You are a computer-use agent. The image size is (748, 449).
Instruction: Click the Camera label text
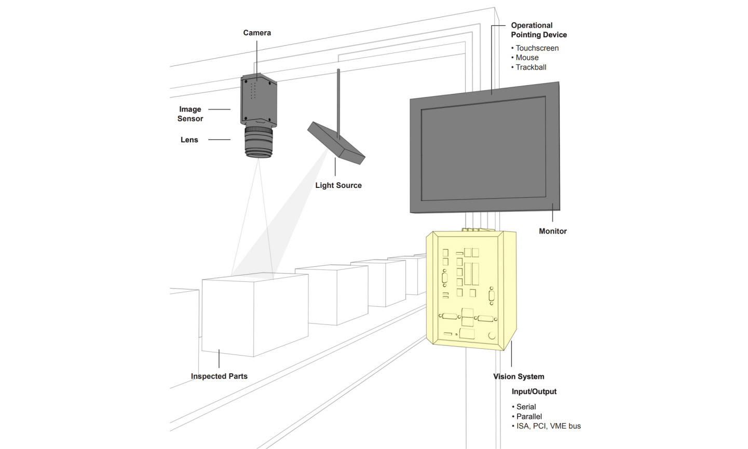257,33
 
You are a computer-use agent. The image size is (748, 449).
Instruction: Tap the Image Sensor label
190,114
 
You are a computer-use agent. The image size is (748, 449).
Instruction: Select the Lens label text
189,140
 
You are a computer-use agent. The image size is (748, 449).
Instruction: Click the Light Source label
338,185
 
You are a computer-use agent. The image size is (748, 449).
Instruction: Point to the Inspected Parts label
219,376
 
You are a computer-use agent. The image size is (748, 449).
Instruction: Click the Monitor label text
552,231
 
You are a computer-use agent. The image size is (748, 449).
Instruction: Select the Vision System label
519,376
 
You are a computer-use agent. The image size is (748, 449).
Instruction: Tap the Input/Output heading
534,391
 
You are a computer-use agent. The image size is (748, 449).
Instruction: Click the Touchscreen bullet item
537,48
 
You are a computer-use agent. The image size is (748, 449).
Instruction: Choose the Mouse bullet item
527,58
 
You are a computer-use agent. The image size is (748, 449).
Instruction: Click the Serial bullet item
526,407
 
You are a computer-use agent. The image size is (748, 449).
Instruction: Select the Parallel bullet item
529,416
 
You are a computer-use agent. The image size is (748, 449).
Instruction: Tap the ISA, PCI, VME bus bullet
548,426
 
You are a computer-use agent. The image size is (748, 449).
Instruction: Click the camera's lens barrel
259,141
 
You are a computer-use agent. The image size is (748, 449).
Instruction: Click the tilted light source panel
336,142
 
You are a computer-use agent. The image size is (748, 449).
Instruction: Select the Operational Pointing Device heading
538,30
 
